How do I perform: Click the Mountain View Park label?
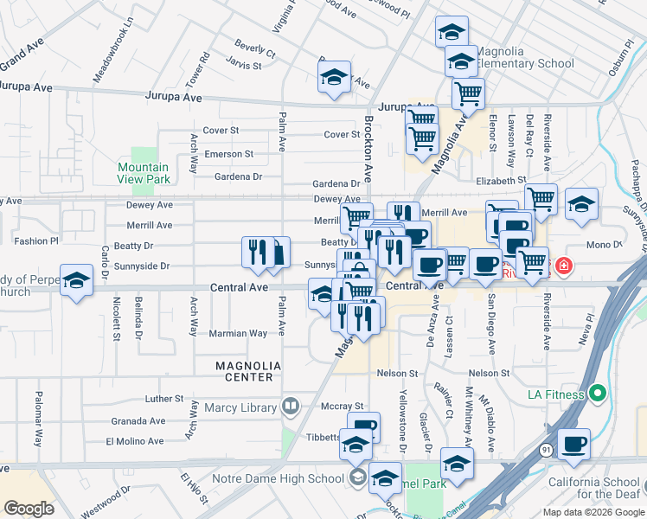(x=143, y=173)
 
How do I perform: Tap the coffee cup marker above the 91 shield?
(x=573, y=444)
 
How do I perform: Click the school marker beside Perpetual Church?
(x=77, y=281)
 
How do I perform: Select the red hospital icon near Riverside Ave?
(x=564, y=266)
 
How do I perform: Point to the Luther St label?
(x=164, y=399)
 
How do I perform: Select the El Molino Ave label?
(x=134, y=441)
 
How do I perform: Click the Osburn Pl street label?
(x=615, y=57)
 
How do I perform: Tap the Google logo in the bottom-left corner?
(x=29, y=508)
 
